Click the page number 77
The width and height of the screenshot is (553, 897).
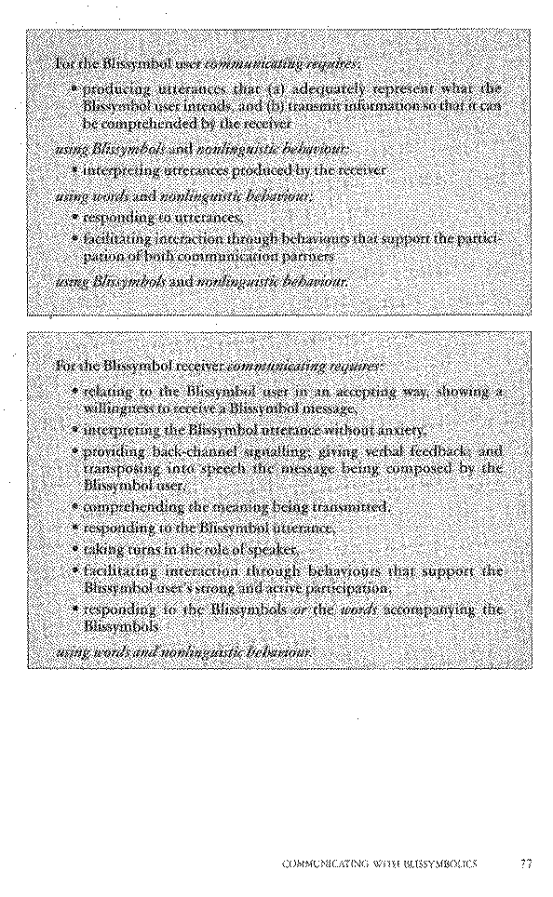pos(526,864)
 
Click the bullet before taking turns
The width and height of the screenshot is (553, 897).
pos(74,549)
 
